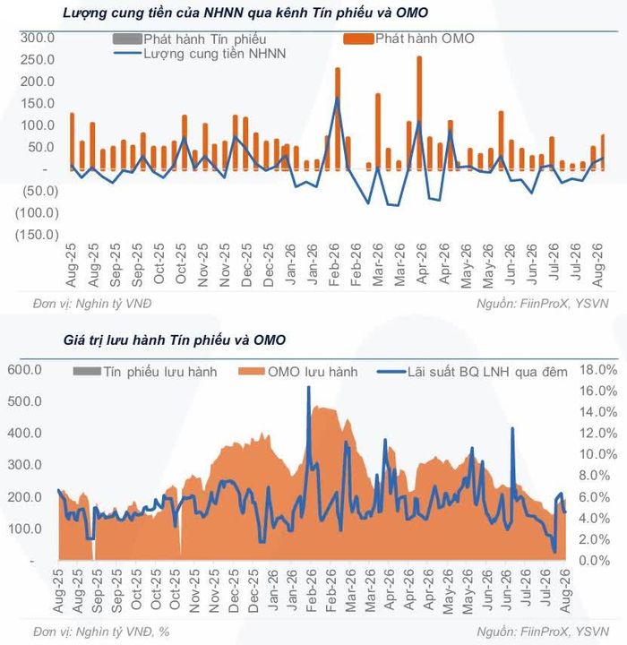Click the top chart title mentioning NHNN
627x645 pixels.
pyautogui.click(x=245, y=13)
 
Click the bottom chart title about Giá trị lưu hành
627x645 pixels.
pyautogui.click(x=174, y=340)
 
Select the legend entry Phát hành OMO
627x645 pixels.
pyautogui.click(x=409, y=39)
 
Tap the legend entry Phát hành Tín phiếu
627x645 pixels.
pyautogui.click(x=190, y=39)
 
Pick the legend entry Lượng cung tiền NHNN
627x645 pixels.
pyautogui.click(x=200, y=54)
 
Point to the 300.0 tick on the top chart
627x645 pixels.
pyautogui.click(x=38, y=38)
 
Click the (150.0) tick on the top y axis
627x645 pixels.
pyautogui.click(x=37, y=235)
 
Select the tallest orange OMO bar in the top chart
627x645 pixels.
pyautogui.click(x=419, y=113)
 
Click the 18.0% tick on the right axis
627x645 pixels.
pyautogui.click(x=598, y=370)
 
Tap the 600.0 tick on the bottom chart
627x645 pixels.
pyautogui.click(x=25, y=370)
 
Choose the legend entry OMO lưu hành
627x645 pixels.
pyautogui.click(x=298, y=372)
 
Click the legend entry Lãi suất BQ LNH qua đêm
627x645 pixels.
pyautogui.click(x=472, y=372)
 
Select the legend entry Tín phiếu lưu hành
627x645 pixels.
pyautogui.click(x=145, y=372)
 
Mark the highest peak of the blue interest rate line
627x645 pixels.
pyautogui.click(x=308, y=387)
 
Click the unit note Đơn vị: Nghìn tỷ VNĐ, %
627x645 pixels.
pyautogui.click(x=101, y=632)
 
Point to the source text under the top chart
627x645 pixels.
pyautogui.click(x=542, y=304)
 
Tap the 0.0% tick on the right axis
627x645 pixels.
pyautogui.click(x=595, y=560)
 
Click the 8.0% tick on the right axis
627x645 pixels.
pyautogui.click(x=595, y=476)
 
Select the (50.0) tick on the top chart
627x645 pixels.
pyautogui.click(x=40, y=192)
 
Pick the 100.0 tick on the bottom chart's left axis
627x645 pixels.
pyautogui.click(x=25, y=529)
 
